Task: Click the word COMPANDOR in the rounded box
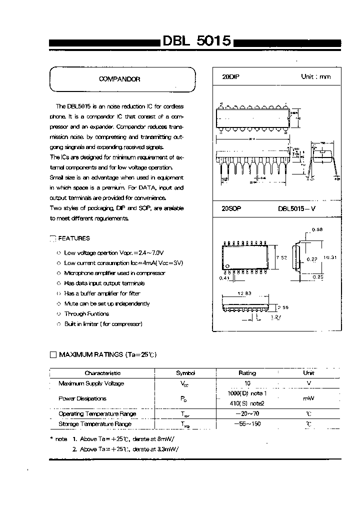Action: (x=120, y=79)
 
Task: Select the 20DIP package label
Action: (x=230, y=77)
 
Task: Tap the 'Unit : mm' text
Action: (x=315, y=77)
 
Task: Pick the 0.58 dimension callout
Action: (x=317, y=229)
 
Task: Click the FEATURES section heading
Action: (x=74, y=238)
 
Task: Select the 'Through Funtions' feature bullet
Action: (x=86, y=313)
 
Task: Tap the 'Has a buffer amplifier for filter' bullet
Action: (x=102, y=293)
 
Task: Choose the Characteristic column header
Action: (x=102, y=373)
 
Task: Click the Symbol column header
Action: (x=185, y=373)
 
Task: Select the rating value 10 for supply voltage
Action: (x=247, y=383)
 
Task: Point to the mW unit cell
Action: (x=308, y=398)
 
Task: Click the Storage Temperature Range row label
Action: (x=95, y=424)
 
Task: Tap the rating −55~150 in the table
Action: (x=247, y=424)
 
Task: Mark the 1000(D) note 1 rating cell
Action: (x=247, y=393)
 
